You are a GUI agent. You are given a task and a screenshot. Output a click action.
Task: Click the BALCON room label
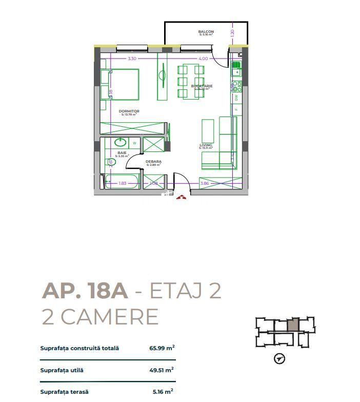[x=206, y=32]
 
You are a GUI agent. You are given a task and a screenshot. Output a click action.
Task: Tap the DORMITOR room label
[x=129, y=111]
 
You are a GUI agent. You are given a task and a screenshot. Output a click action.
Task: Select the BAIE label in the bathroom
[x=122, y=152]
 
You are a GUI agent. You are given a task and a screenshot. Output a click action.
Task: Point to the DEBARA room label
[x=153, y=162]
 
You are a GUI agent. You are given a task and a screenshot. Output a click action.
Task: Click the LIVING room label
[x=206, y=145]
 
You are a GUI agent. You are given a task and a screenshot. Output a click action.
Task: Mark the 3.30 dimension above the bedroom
[x=132, y=59]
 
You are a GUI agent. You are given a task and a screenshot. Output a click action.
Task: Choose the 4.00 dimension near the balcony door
[x=203, y=59]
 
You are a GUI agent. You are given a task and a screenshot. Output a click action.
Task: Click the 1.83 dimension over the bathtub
[x=123, y=183]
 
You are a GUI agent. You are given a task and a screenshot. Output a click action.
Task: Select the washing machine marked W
[x=134, y=143]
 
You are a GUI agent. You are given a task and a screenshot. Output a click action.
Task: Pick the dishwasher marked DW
[x=236, y=97]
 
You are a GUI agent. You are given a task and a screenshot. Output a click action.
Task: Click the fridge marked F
[x=236, y=109]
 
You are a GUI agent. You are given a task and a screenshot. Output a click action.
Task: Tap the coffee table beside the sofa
[x=207, y=131]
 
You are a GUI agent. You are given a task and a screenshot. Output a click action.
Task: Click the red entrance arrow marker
[x=180, y=196]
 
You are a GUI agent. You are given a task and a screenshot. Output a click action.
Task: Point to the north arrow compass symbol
[x=279, y=358]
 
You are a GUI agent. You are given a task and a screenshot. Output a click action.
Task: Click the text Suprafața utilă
[x=62, y=370]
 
